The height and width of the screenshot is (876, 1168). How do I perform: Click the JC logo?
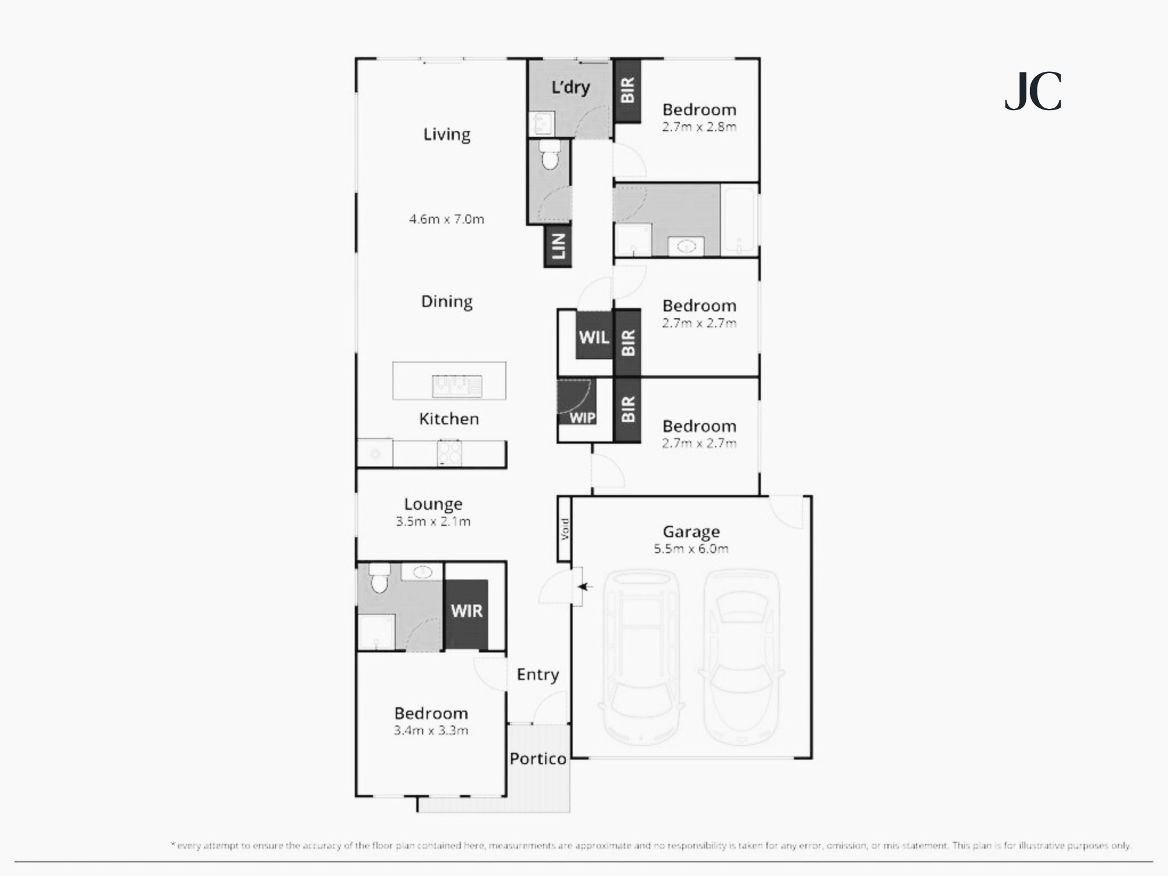(1033, 91)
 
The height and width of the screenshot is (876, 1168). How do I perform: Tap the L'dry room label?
(570, 87)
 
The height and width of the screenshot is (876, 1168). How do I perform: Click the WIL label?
(594, 337)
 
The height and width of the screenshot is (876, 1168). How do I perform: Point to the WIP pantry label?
(582, 417)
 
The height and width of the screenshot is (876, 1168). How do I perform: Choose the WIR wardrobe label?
(467, 611)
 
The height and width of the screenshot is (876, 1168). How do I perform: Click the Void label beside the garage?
(565, 529)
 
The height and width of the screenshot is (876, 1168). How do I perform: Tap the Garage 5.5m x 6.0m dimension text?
(691, 549)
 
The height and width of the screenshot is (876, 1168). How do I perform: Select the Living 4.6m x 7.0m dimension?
(447, 219)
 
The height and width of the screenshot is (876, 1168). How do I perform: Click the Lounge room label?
(433, 504)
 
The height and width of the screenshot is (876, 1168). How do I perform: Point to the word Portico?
(538, 759)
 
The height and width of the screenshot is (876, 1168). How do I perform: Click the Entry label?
(538, 674)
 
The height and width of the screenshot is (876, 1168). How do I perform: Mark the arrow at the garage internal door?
(585, 586)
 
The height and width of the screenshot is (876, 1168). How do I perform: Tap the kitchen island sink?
(457, 386)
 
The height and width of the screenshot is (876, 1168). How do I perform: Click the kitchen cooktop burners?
(449, 453)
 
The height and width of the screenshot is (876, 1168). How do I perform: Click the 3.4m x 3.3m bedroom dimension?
(431, 730)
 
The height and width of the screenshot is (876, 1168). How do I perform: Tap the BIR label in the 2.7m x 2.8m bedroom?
(627, 90)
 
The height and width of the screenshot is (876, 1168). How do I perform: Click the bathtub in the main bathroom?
(740, 220)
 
